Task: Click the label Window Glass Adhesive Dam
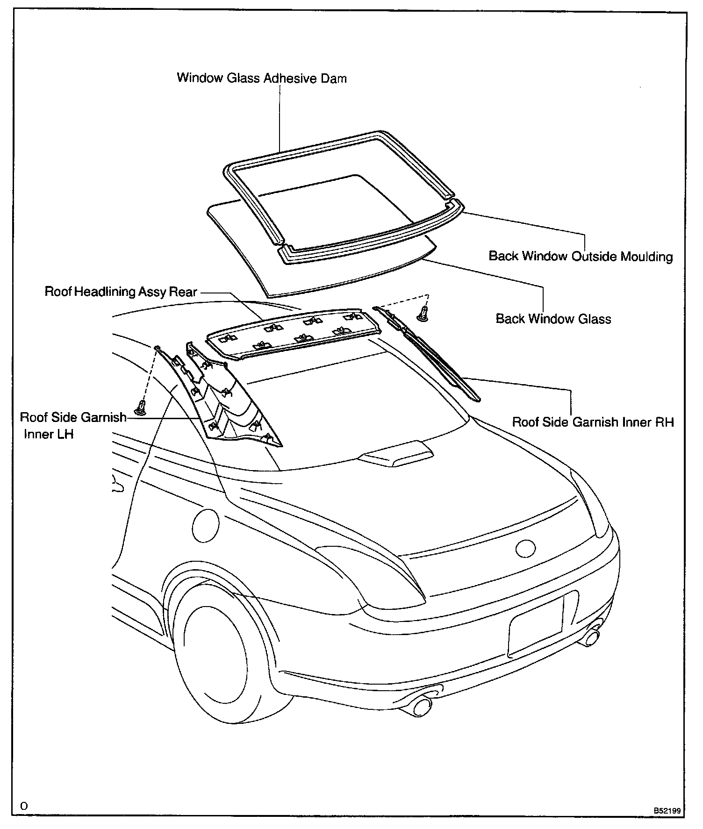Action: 262,78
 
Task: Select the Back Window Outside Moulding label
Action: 581,256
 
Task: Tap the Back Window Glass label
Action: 553,319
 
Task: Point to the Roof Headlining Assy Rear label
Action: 121,292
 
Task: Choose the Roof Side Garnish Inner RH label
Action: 593,422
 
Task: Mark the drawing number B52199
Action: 667,811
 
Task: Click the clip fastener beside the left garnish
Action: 140,408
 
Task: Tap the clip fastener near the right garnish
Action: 423,314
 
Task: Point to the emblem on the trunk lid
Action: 525,549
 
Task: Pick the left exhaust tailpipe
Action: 421,718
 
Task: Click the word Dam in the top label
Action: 334,78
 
